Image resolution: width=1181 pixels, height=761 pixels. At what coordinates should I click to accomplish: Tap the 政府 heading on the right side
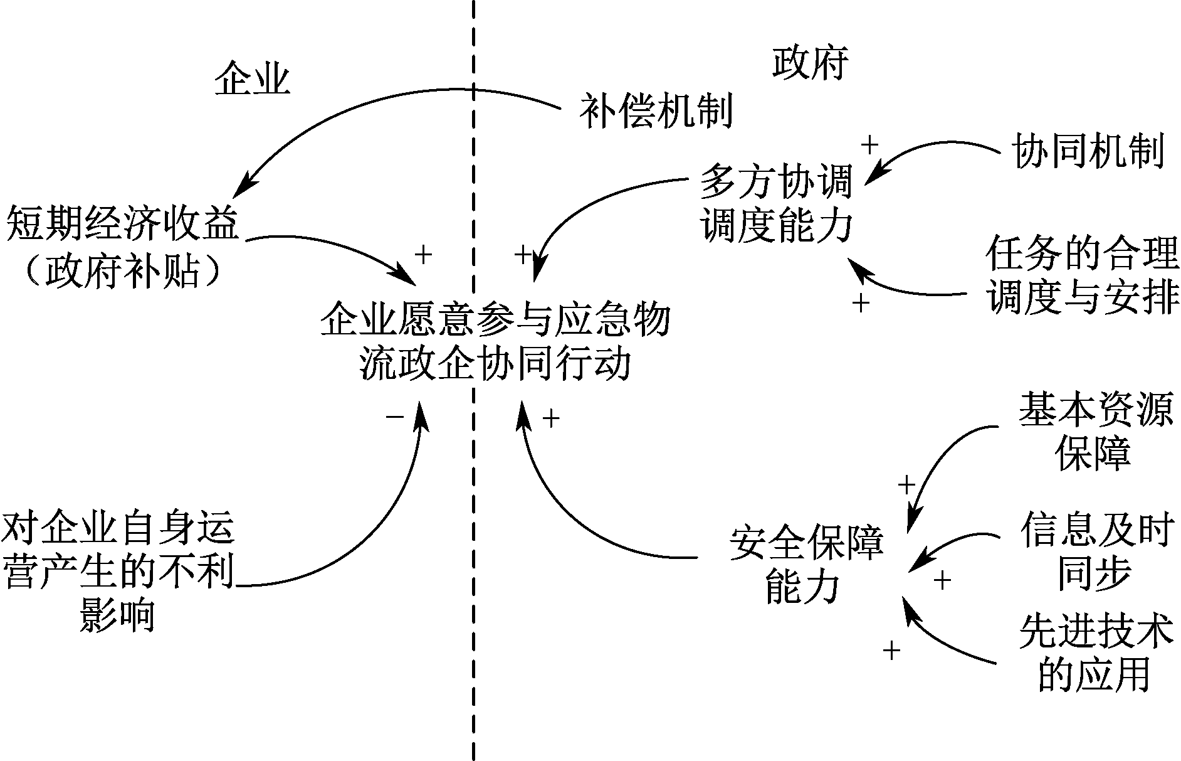coord(810,63)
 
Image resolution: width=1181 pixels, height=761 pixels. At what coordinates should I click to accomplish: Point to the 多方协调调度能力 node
coord(777,203)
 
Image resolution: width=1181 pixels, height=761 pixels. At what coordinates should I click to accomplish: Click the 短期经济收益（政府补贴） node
coord(123,248)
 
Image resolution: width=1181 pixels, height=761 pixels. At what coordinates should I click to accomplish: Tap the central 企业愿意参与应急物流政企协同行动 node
coord(495,343)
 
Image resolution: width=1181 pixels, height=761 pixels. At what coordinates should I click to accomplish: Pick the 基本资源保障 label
coord(1094,431)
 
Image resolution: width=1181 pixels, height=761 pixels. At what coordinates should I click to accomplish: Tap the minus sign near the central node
coord(395,416)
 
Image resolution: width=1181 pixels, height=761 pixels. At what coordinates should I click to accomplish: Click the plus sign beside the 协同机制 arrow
coord(869,145)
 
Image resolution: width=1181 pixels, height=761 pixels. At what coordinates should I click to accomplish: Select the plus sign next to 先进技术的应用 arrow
coord(891,651)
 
